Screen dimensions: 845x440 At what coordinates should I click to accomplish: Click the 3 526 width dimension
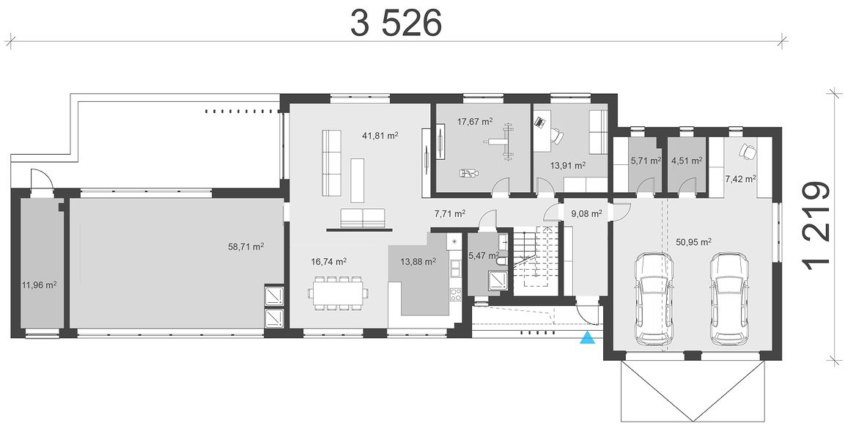[396, 23]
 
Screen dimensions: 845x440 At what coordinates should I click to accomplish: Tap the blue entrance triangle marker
[587, 338]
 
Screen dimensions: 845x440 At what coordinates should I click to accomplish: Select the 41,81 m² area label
[380, 136]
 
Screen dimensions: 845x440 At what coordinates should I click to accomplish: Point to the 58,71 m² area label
[246, 247]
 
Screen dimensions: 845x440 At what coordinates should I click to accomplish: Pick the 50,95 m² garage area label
[694, 242]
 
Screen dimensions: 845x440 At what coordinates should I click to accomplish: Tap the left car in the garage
[653, 298]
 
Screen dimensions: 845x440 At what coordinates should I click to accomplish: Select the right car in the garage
[728, 298]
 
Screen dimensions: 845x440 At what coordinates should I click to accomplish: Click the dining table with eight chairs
[339, 293]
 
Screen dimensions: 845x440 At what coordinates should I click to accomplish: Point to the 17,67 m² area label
[475, 122]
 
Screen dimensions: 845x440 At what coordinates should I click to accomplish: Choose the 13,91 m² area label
[567, 166]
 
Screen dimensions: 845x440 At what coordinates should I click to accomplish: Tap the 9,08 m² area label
[586, 213]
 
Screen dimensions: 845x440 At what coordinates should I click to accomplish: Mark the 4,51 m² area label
[687, 160]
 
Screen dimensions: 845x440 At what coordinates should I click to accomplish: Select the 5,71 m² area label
[646, 160]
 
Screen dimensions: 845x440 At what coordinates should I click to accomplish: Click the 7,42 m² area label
[740, 179]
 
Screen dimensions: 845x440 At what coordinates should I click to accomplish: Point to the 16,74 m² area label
[328, 262]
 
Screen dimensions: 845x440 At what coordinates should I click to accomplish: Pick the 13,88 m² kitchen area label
[418, 262]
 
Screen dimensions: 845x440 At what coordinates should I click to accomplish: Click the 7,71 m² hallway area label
[450, 213]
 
